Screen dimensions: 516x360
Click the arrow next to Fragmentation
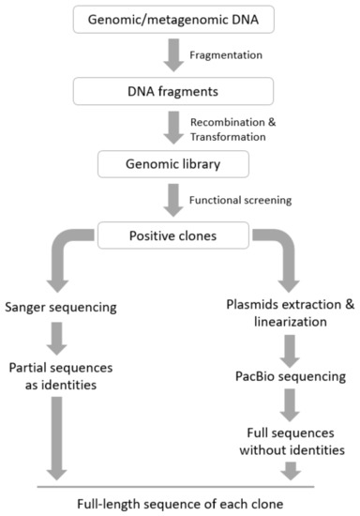click(172, 55)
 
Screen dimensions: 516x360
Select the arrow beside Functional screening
click(172, 198)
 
